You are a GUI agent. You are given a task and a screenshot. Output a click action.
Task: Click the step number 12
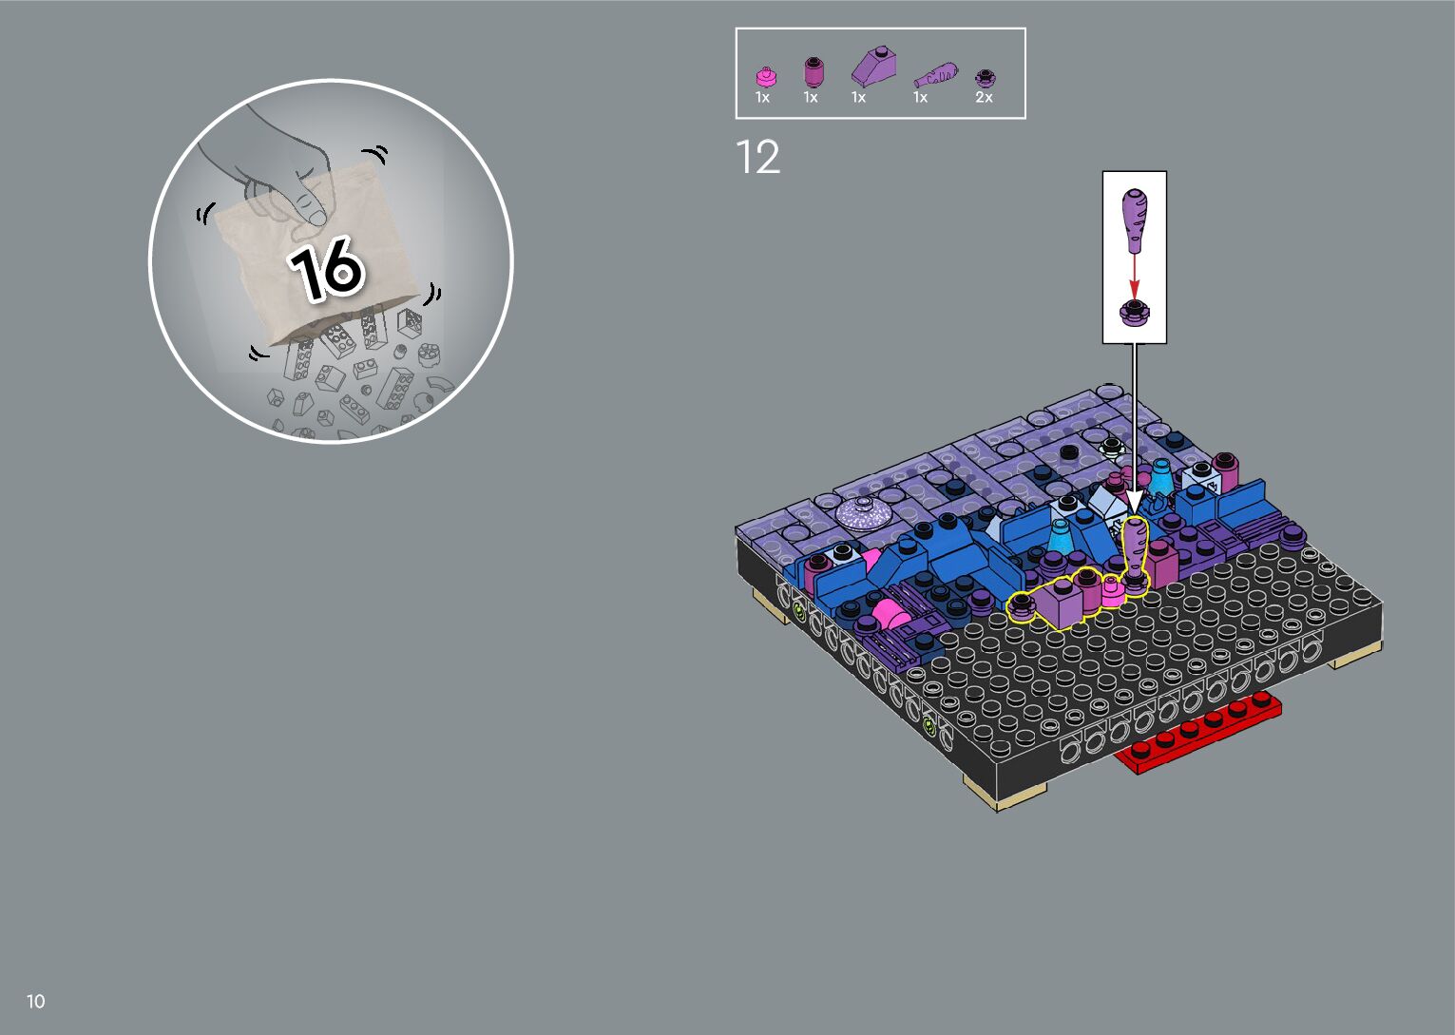(x=757, y=157)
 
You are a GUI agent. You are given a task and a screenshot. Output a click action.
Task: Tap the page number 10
(x=36, y=1001)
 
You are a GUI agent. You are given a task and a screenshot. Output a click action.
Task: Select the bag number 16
(x=326, y=268)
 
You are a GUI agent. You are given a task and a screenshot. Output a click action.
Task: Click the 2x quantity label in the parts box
(x=984, y=98)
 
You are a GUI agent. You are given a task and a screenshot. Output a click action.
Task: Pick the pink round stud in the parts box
(x=766, y=77)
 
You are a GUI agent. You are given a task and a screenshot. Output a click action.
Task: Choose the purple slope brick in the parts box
(x=874, y=66)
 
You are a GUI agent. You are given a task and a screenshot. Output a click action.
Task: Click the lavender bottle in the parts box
(x=935, y=75)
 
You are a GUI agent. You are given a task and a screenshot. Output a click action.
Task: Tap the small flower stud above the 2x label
(x=986, y=78)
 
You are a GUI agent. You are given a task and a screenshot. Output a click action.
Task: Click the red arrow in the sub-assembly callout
(x=1134, y=277)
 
